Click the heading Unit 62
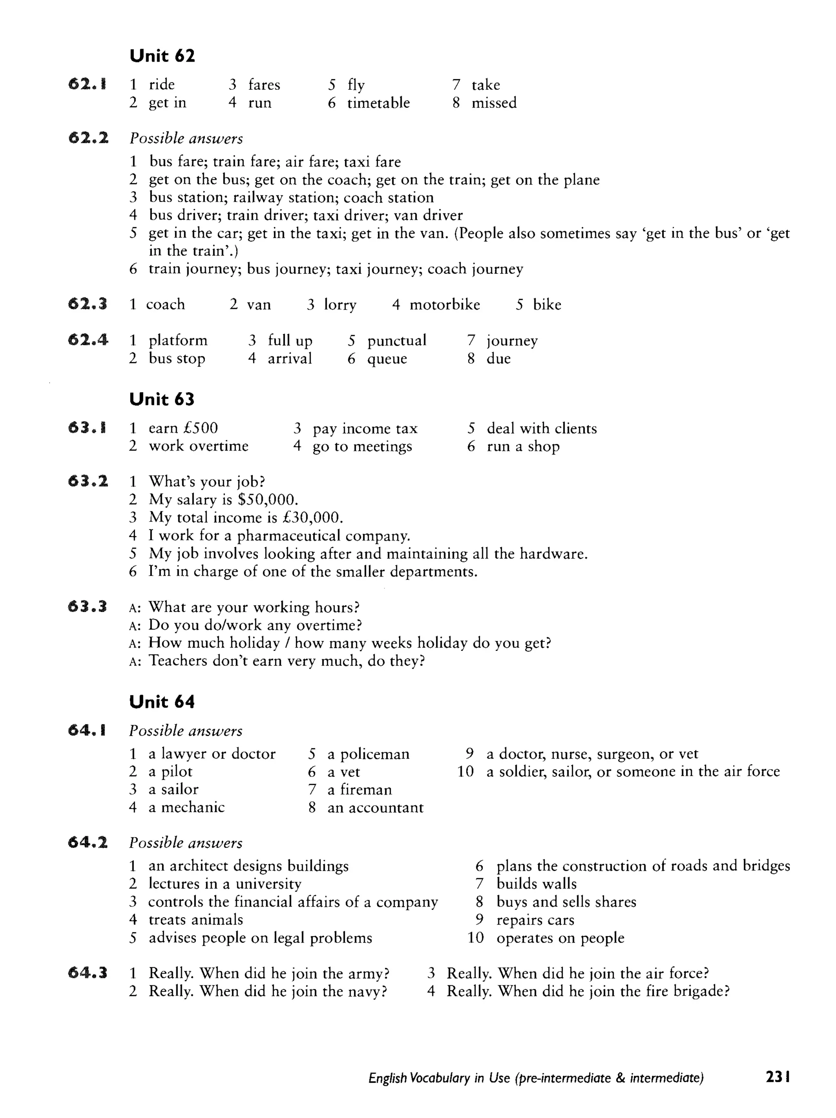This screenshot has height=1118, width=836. tap(162, 55)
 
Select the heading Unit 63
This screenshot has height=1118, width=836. tap(162, 399)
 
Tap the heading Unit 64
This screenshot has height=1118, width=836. tap(162, 701)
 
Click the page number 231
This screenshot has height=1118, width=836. tap(778, 1077)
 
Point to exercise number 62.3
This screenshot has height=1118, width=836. tap(87, 304)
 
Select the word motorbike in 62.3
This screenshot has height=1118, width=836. tap(445, 304)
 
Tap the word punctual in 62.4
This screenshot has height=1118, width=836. tap(396, 340)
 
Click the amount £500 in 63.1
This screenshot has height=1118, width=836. tap(201, 428)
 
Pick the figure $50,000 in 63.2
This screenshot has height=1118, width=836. tap(267, 499)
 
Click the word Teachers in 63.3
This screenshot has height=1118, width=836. tap(178, 661)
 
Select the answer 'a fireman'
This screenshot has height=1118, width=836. tap(359, 790)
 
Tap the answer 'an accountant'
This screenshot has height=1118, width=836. tap(375, 807)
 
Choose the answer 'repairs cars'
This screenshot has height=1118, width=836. tap(535, 920)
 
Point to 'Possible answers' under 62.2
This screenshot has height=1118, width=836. tap(186, 138)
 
